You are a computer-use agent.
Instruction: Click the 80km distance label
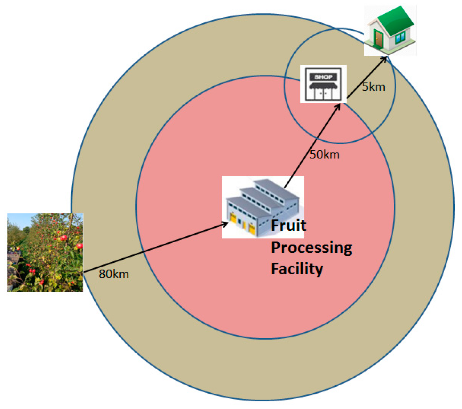pos(114,274)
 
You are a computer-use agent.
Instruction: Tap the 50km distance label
pos(325,154)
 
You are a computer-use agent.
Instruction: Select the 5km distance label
pos(374,87)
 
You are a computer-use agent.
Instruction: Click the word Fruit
pos(288,226)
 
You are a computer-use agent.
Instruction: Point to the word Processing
pos(311,247)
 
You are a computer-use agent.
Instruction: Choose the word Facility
pos(297,269)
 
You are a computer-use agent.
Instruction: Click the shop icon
pos(323,84)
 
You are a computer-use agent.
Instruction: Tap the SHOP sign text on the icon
pos(323,77)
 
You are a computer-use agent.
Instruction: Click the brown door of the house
pos(378,39)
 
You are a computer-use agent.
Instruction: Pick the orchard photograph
pos(45,252)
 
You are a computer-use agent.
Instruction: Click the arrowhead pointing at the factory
pos(225,223)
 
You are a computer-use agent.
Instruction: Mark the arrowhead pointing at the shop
pos(338,105)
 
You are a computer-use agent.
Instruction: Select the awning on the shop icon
pos(323,86)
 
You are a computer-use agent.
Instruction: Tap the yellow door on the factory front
pos(233,219)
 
